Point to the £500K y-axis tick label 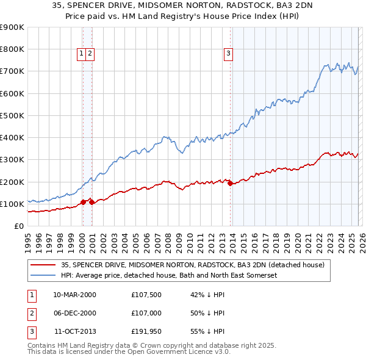pyautogui.click(x=12, y=115)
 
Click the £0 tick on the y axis pyautogui.click(x=18, y=226)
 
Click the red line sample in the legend pyautogui.click(x=43, y=265)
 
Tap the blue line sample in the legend pyautogui.click(x=43, y=275)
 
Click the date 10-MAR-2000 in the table pyautogui.click(x=75, y=295)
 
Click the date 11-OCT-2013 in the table pyautogui.click(x=75, y=331)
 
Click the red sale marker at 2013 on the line pyautogui.click(x=230, y=184)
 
